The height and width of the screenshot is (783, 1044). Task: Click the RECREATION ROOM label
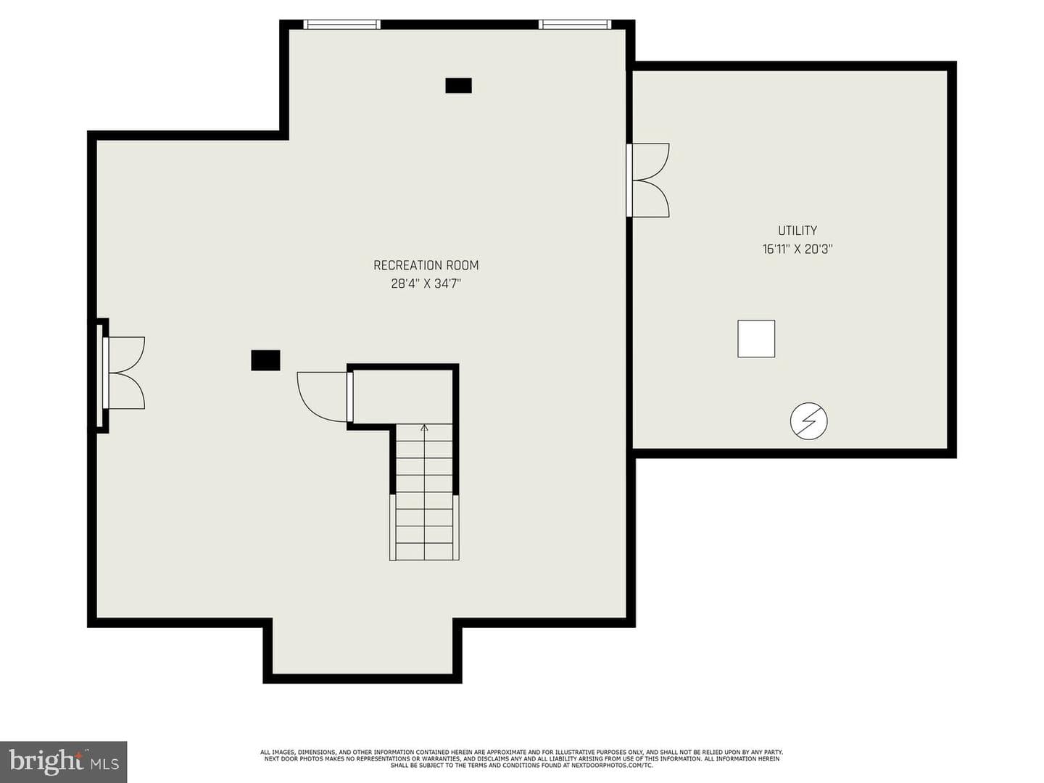[426, 265]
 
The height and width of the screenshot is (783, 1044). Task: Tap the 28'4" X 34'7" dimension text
[426, 283]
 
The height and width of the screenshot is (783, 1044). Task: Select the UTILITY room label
[797, 231]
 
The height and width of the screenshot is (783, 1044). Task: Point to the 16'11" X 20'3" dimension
[797, 249]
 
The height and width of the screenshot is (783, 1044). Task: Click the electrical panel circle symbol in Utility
[808, 420]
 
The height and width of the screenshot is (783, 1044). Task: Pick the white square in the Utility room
[755, 339]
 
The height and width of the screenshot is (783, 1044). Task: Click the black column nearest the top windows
[458, 86]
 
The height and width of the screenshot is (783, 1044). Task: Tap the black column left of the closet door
[265, 360]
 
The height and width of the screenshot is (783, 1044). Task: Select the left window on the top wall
[341, 24]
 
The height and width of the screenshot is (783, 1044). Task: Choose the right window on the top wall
[574, 24]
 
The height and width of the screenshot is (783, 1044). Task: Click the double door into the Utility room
[647, 181]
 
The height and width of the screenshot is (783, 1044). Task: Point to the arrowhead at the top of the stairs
[424, 428]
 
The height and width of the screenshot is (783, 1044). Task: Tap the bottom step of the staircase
[424, 550]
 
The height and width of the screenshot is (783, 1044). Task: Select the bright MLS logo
[63, 762]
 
